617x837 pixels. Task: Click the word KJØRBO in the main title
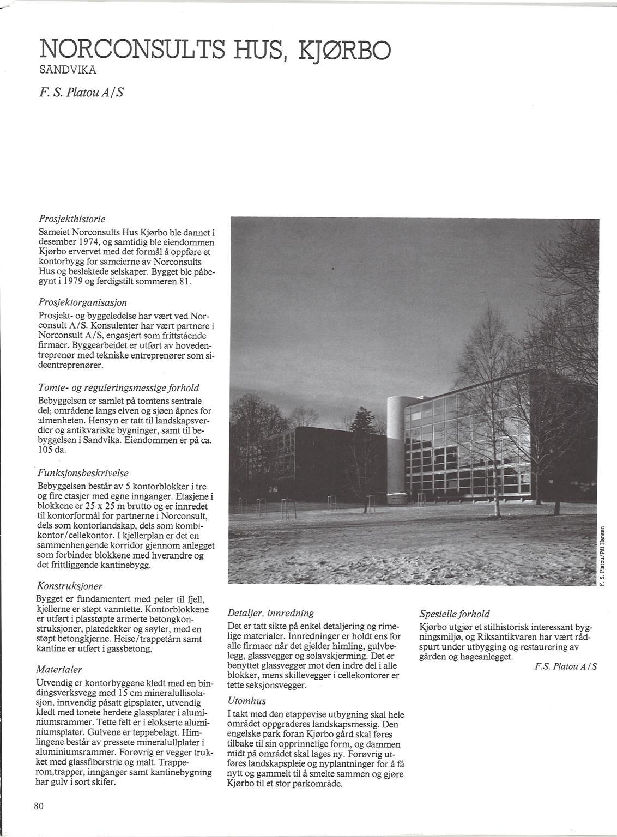tap(346, 50)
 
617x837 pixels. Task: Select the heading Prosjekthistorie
tap(72, 219)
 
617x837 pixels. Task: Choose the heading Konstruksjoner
tap(69, 586)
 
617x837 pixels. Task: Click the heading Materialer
tap(59, 669)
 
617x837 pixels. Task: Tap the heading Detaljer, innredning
tap(270, 613)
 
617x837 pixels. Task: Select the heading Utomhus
tap(246, 701)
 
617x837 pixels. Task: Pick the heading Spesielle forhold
tap(455, 613)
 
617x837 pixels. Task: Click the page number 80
tap(38, 806)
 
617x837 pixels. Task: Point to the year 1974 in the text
tap(93, 242)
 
